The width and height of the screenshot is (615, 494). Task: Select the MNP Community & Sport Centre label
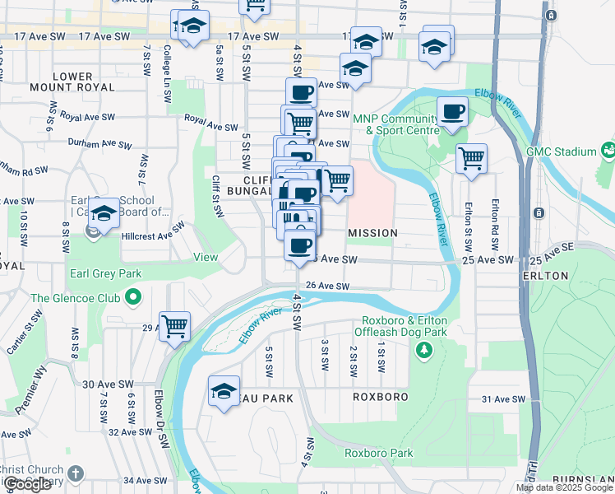point(395,124)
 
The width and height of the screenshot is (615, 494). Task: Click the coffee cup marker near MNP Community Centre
point(452,112)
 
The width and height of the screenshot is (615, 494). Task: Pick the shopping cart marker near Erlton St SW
point(471,158)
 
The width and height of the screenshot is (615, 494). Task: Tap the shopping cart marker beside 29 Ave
point(175,327)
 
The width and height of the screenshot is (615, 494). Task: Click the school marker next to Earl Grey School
point(104,213)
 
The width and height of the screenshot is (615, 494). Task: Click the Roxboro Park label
point(378,453)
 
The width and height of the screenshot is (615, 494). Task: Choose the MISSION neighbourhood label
point(372,234)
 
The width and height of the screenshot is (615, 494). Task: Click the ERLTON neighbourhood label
point(545,276)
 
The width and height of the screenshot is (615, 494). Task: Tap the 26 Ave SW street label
point(327,287)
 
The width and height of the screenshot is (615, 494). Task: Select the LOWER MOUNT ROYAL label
point(73,82)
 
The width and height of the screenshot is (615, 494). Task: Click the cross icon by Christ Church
point(76,473)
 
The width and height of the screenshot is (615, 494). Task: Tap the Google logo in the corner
point(27,484)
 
